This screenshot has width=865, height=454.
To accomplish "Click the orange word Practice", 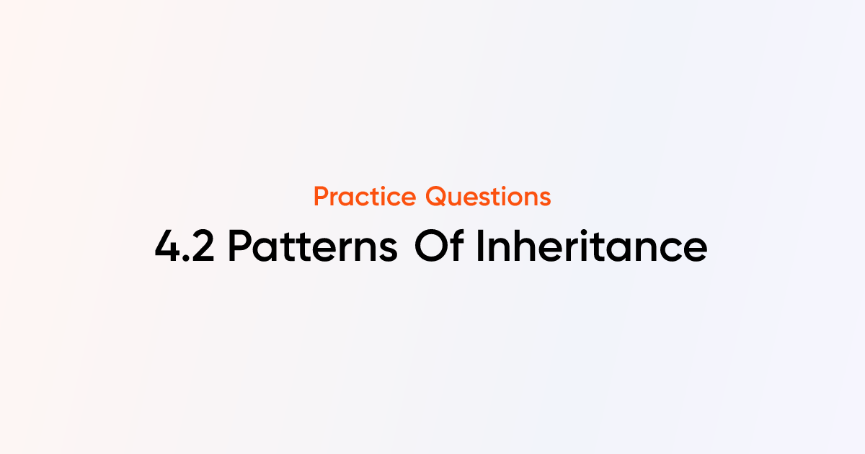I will point(365,196).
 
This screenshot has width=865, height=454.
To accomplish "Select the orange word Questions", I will point(488,196).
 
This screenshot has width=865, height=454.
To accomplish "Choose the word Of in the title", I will point(440,247).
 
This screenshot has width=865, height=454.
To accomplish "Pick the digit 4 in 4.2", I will point(167,247).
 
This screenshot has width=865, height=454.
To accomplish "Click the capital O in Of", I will point(430,247).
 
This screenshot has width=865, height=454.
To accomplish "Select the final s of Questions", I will point(544,198).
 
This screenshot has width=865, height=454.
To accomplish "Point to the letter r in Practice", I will point(337,198).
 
